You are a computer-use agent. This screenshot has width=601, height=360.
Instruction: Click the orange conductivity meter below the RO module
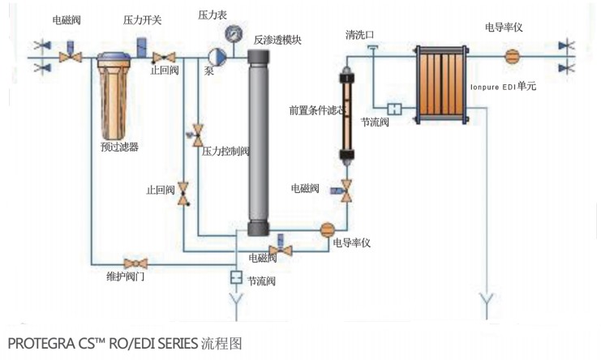pyautogui.click(x=328, y=230)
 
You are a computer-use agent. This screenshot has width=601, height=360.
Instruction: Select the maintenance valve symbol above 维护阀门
pyautogui.click(x=134, y=264)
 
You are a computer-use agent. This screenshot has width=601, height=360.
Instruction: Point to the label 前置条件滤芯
pyautogui.click(x=318, y=109)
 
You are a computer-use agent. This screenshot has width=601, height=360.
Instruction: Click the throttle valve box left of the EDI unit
pyautogui.click(x=395, y=108)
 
